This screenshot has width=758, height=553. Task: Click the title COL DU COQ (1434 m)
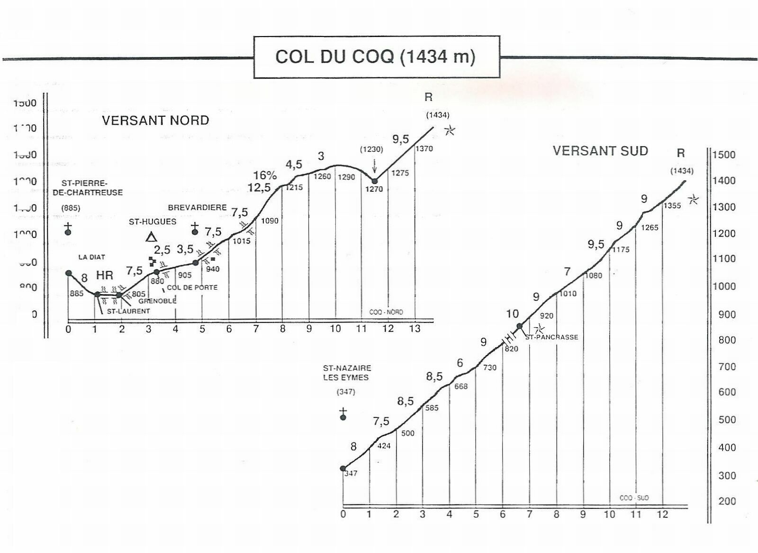375,57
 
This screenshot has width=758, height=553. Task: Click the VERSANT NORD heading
155,120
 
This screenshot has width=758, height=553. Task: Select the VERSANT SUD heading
600,151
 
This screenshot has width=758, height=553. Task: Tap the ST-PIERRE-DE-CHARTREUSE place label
88,188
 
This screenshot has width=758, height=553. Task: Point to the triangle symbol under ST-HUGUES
151,237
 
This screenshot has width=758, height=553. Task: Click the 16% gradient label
265,175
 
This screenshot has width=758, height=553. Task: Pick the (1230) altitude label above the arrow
371,149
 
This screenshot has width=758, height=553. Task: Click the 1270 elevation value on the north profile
374,189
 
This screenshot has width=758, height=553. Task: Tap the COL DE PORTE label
192,287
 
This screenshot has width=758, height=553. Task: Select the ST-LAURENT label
128,311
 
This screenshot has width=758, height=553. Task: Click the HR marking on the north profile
105,275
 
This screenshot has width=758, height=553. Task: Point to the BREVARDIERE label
197,208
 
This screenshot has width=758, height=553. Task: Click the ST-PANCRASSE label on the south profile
551,337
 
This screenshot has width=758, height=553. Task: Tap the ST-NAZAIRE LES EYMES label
347,373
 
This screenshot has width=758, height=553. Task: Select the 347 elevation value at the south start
351,473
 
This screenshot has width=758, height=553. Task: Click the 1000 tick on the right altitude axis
724,286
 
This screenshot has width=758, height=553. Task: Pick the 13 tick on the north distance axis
415,329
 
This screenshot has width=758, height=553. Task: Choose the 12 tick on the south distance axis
662,514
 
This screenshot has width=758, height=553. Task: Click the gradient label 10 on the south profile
513,313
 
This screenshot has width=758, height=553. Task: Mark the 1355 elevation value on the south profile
672,206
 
